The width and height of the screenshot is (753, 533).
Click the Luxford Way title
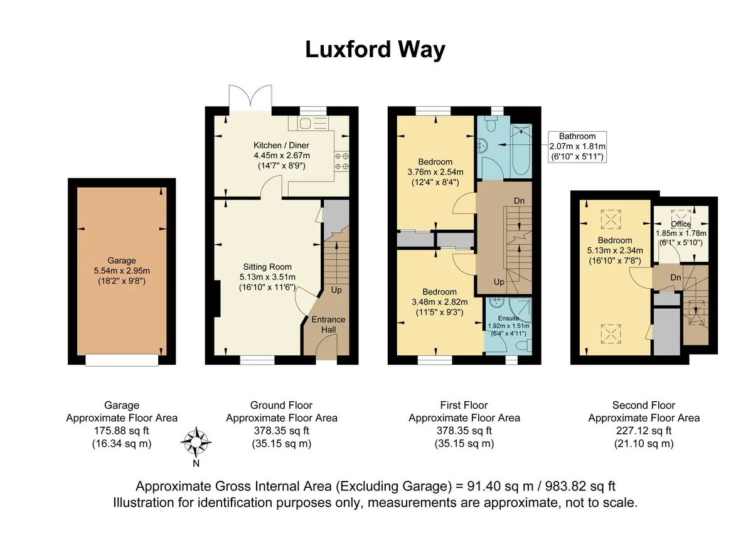375,50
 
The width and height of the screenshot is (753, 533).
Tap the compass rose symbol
196,442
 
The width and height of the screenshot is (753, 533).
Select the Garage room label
122,261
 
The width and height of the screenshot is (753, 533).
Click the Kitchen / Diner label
281,145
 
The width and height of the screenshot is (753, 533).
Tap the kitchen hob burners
341,161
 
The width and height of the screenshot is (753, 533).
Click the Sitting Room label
267,267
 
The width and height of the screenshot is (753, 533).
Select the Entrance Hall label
328,325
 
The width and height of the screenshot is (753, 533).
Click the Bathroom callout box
577,147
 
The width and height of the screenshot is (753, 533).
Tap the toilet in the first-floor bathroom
491,124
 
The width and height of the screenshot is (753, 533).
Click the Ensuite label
508,318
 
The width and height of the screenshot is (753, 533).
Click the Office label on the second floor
681,224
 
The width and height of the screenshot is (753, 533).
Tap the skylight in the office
681,216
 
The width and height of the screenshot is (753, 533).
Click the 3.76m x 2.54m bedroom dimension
435,172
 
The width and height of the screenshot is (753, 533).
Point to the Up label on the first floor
499,282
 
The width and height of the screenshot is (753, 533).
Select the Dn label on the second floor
676,277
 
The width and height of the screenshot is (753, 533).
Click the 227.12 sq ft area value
644,431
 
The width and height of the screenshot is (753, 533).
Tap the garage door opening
122,360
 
